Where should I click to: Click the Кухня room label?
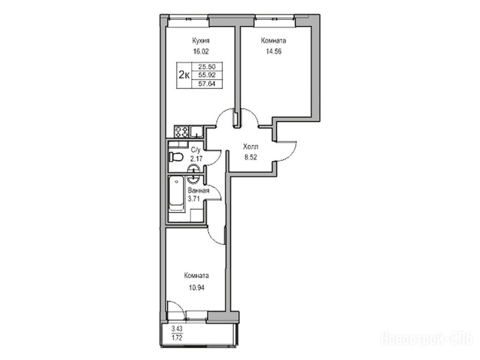(x=201, y=41)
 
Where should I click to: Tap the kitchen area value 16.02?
(x=201, y=52)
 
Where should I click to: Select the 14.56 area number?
(x=274, y=52)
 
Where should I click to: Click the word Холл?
(x=251, y=147)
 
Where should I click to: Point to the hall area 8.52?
(x=251, y=158)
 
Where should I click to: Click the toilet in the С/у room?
(x=175, y=157)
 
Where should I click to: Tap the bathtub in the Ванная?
(x=176, y=194)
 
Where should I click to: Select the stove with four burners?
(x=181, y=132)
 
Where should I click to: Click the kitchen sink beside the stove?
(x=196, y=132)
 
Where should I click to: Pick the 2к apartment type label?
(x=183, y=75)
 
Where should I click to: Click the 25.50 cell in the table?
(x=207, y=67)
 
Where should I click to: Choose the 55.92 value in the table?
(x=207, y=75)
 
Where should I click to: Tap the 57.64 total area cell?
(x=207, y=83)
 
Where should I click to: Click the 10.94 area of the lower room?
(x=197, y=287)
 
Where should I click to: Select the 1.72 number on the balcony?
(x=177, y=338)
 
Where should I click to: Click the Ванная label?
(x=198, y=191)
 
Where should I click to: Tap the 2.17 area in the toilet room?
(x=196, y=158)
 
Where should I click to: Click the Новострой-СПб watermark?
(x=427, y=339)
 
